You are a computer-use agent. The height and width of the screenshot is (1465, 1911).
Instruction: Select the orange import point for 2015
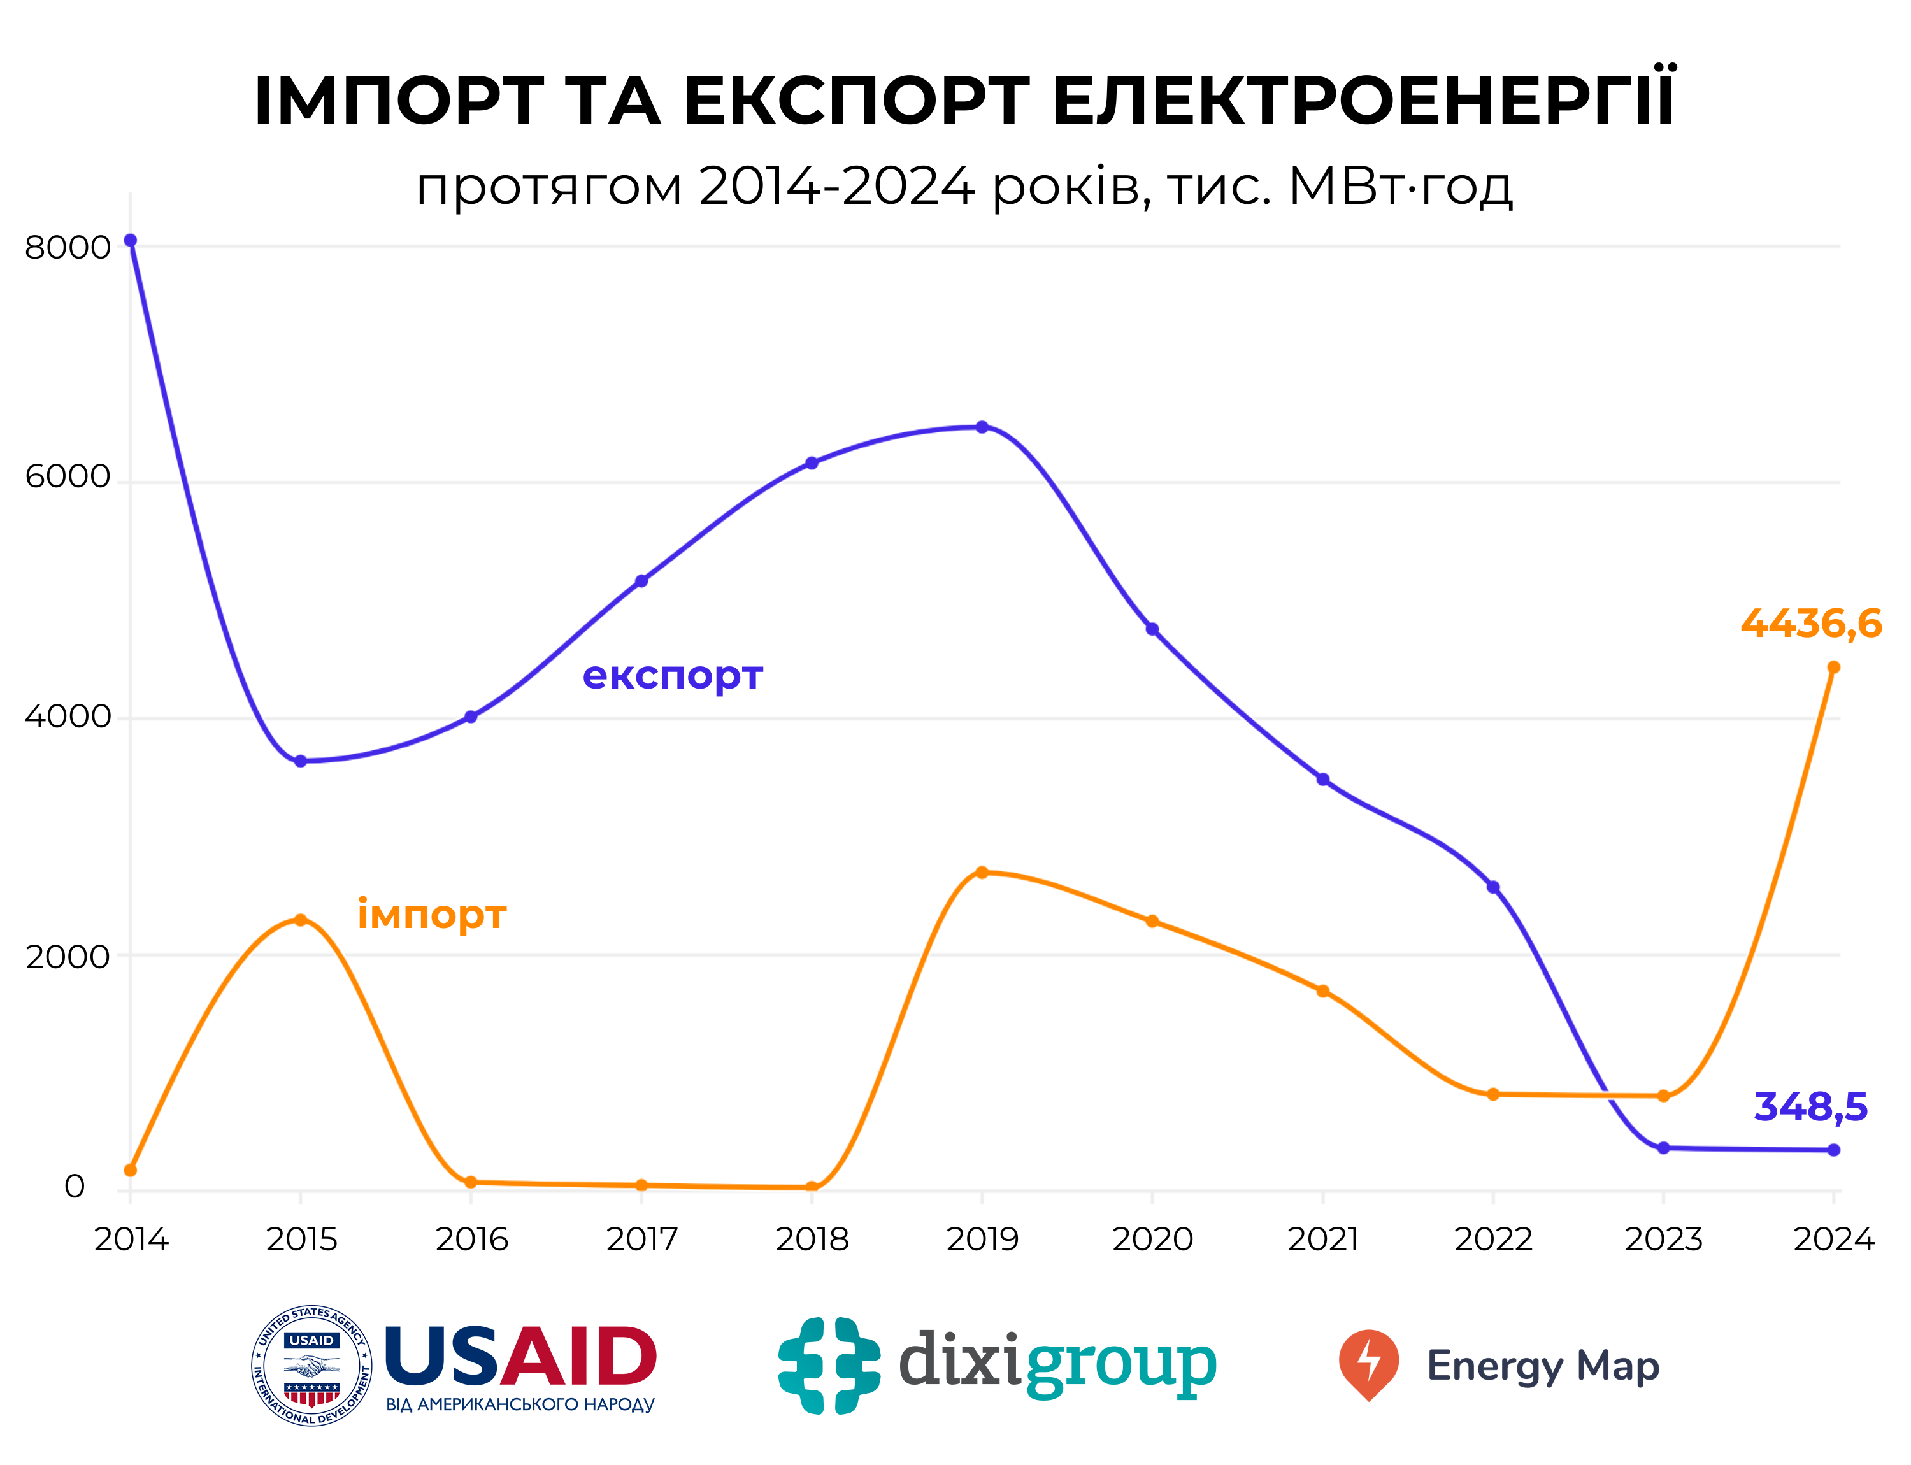pyautogui.click(x=300, y=919)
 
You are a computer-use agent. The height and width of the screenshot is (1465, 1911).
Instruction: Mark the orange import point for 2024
pyautogui.click(x=1833, y=667)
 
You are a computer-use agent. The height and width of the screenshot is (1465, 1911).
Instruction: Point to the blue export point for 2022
pyautogui.click(x=1492, y=887)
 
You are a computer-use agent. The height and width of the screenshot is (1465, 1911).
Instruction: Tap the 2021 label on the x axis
pyautogui.click(x=1322, y=1238)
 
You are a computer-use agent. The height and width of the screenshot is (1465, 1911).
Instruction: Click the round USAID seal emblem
pyautogui.click(x=311, y=1366)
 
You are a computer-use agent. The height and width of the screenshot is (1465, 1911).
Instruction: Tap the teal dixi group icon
pyautogui.click(x=829, y=1366)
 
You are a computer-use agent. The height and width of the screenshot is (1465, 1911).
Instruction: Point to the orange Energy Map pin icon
pyautogui.click(x=1368, y=1364)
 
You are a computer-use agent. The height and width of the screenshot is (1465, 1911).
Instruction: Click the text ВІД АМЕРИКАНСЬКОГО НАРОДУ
pyautogui.click(x=520, y=1405)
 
